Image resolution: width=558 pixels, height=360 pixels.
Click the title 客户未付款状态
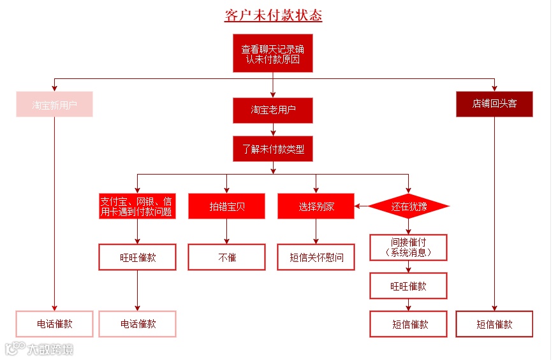[x=273, y=15]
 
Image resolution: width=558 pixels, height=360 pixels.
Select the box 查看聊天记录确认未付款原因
[x=273, y=54]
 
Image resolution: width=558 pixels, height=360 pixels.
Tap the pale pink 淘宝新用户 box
[x=55, y=104]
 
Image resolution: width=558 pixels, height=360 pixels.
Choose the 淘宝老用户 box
[x=273, y=110]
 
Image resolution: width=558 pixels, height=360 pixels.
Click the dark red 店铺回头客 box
[x=494, y=104]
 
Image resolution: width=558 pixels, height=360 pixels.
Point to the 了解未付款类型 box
[x=273, y=150]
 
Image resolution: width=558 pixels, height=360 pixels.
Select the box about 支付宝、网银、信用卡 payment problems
[x=137, y=206]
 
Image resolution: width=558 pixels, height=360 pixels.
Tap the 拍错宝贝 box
[x=226, y=206]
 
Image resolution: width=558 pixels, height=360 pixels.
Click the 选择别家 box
[x=316, y=206]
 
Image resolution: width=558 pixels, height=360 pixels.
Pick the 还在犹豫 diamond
[x=409, y=206]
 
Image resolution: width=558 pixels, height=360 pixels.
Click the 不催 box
[x=226, y=257]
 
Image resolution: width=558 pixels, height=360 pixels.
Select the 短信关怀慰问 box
[x=316, y=257]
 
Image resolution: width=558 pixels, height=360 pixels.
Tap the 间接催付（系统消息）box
[x=409, y=247]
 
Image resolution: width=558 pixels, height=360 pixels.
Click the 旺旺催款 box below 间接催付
[x=409, y=286]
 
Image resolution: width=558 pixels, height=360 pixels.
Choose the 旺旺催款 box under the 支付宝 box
[x=137, y=257]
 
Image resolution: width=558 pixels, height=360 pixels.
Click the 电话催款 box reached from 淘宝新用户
[x=55, y=324]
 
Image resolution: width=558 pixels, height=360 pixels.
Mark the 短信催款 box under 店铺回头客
[x=494, y=324]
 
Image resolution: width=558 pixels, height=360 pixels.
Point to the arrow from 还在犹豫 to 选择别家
[x=362, y=206]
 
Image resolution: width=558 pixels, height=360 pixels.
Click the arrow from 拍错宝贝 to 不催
[x=226, y=232]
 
